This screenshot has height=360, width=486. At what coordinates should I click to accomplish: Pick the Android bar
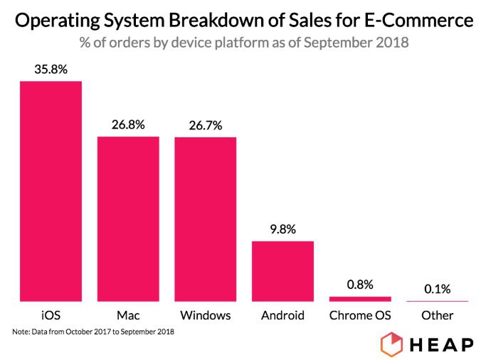point(282,271)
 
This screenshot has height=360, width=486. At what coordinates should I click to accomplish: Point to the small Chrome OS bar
point(360,299)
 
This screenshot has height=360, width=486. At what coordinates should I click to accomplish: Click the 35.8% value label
point(51,70)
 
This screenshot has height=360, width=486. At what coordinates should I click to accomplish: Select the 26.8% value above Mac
point(128,125)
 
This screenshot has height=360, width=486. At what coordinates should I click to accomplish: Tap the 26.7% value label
point(206,125)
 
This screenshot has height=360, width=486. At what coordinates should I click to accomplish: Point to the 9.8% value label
point(282,230)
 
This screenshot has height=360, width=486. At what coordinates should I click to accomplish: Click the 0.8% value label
point(360,285)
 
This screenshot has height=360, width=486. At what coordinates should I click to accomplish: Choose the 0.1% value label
point(438,289)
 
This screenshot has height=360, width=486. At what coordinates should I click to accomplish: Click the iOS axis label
point(51,314)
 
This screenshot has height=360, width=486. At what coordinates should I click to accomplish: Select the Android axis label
point(282,314)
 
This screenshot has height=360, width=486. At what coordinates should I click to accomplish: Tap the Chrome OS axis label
point(360,314)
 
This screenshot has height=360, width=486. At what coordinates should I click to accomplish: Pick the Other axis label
point(438,314)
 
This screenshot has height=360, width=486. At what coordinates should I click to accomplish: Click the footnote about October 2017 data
point(93,332)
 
